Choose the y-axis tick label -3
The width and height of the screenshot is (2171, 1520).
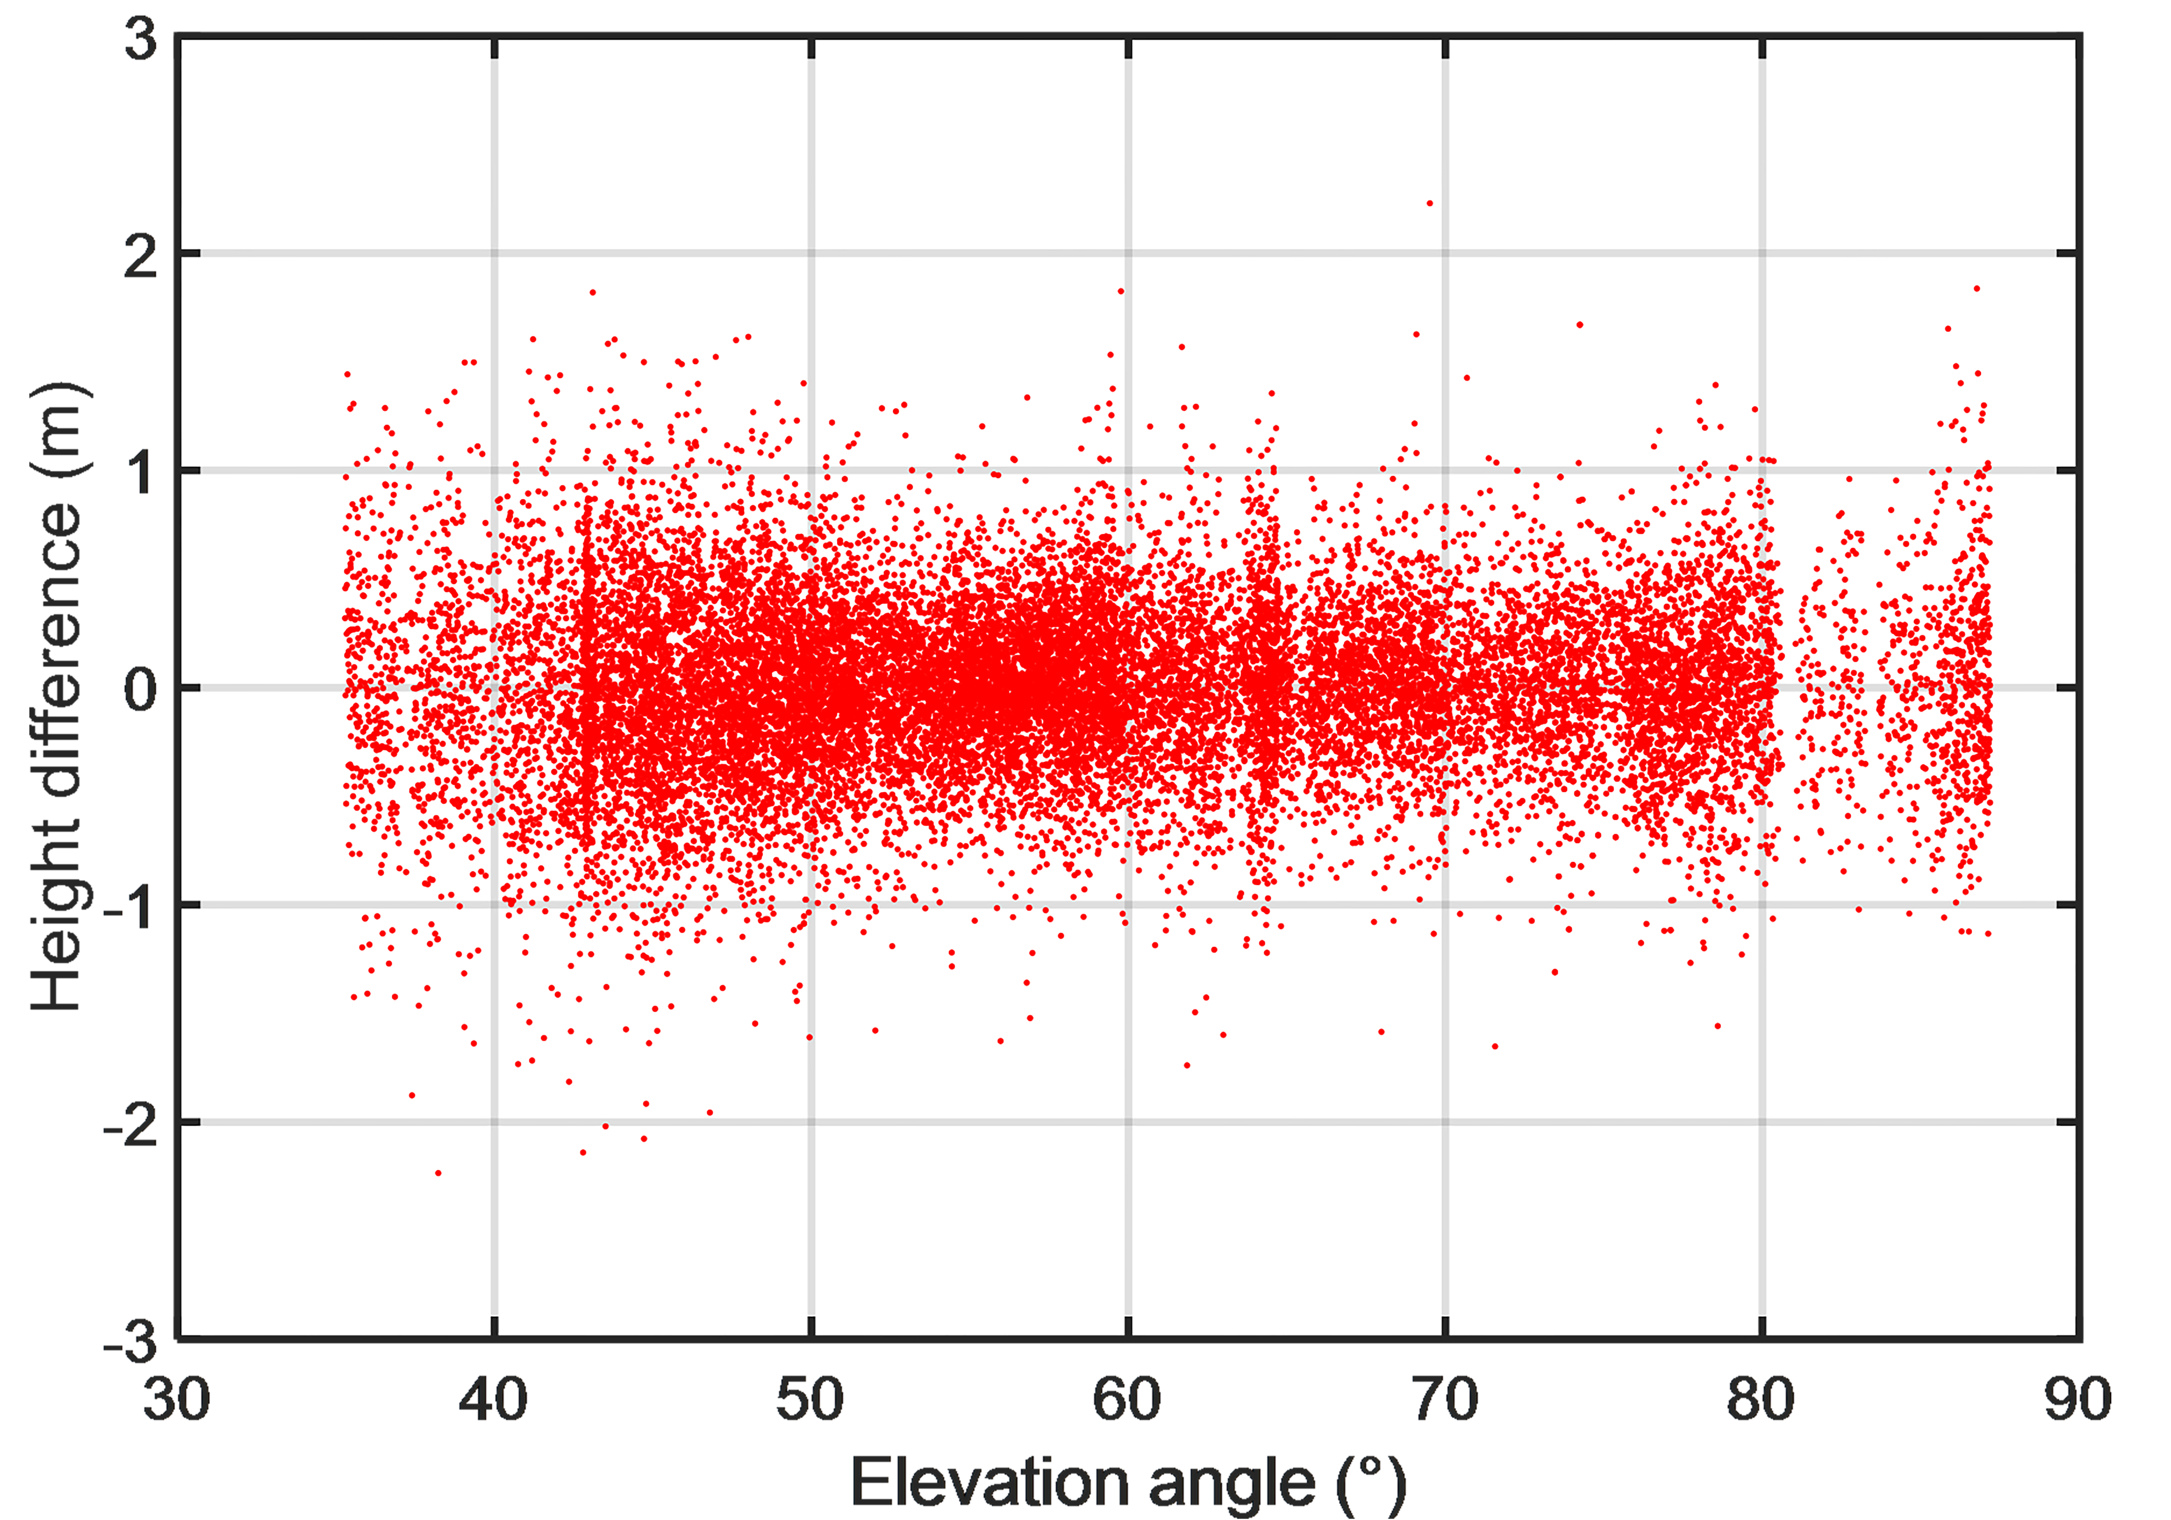(130, 1341)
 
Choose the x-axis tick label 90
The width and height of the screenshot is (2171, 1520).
(2077, 1400)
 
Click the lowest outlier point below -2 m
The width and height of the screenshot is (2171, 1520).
(438, 1173)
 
